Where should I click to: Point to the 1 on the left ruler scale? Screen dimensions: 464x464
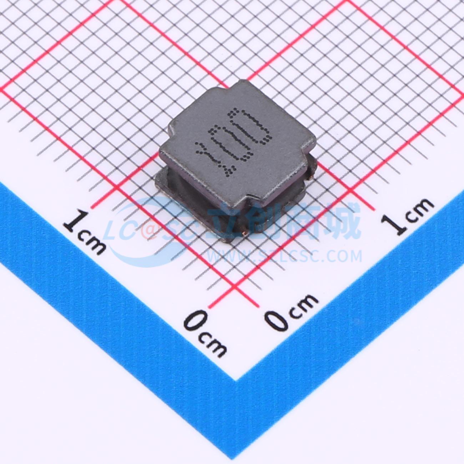pyautogui.click(x=75, y=222)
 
